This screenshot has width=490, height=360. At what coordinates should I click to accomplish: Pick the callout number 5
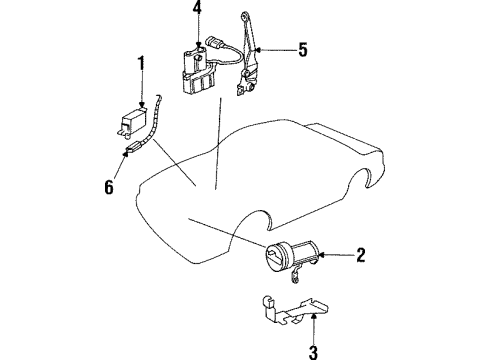click(x=302, y=47)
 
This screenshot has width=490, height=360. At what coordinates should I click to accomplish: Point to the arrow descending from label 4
click(x=198, y=30)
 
